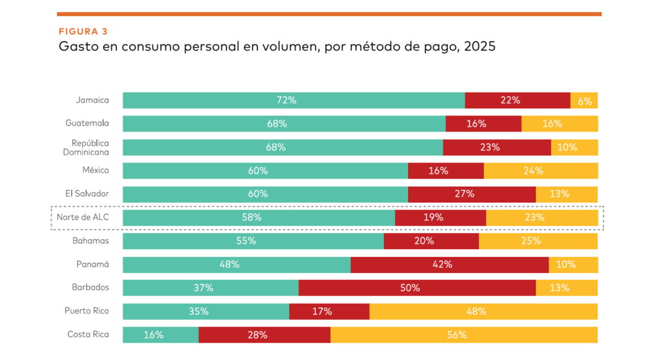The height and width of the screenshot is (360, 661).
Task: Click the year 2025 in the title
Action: coord(479,47)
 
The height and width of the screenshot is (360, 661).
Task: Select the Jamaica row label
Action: coord(92,100)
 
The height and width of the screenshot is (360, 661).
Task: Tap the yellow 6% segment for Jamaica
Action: coord(584,100)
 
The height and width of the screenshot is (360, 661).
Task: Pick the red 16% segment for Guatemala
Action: coord(483,123)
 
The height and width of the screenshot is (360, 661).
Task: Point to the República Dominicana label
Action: coord(90,147)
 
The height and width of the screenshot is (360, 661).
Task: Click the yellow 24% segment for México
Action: coord(540,170)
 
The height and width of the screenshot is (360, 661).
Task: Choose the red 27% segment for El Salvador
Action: coord(471,194)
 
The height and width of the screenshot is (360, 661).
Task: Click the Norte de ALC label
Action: coord(83,217)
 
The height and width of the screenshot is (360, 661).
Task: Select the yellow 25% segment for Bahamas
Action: coord(538,241)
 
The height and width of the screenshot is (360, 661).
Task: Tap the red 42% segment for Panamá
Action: coord(449,265)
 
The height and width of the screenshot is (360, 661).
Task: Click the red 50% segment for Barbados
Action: coord(417,288)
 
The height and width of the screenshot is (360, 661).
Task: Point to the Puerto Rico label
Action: coord(86,311)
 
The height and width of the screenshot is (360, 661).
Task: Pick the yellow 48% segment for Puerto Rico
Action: coord(483,311)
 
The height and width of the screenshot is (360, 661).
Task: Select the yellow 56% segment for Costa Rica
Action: coord(464,335)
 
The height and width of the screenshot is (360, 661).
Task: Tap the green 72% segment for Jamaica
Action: coord(294,100)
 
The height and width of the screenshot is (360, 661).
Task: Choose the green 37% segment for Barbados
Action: coord(210,288)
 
